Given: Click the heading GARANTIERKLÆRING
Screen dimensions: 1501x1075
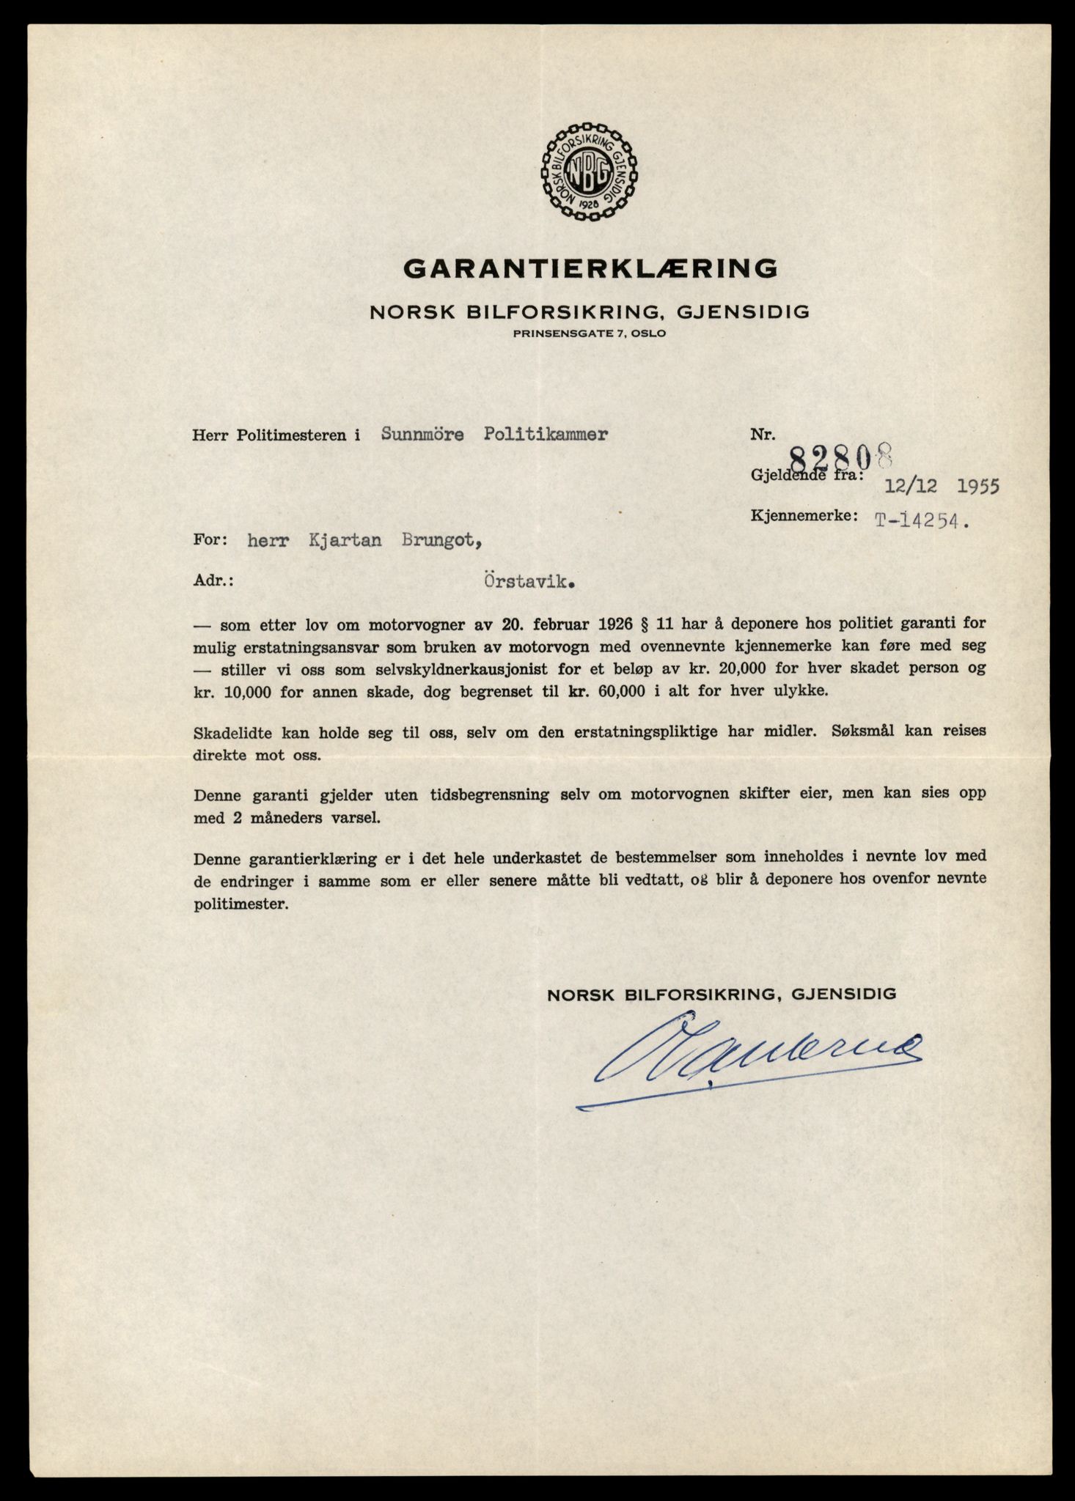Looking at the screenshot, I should (x=590, y=268).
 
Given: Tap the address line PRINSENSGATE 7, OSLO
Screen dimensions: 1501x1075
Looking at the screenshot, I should (x=590, y=333).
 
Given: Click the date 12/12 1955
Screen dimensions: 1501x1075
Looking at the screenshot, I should (x=942, y=486).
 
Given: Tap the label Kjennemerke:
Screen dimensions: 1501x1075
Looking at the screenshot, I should (x=803, y=515).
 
